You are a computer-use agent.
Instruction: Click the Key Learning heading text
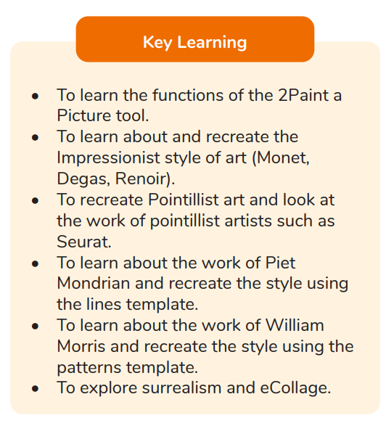point(194,43)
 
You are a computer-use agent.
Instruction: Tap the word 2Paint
point(303,95)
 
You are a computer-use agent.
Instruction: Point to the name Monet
point(281,158)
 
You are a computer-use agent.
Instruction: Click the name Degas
point(83,179)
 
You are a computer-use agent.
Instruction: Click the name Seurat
point(84,241)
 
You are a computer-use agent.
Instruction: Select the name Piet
point(280,263)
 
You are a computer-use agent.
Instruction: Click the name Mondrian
point(94,283)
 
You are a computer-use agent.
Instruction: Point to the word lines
point(104,304)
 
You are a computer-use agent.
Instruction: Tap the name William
point(295,325)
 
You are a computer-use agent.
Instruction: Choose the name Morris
point(81,346)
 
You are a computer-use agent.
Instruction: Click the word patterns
point(89,368)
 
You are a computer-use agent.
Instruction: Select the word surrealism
point(181,388)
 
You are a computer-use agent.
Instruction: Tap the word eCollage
point(295,389)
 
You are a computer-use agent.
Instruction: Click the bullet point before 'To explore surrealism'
point(35,388)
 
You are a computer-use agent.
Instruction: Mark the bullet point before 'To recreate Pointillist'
point(35,200)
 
